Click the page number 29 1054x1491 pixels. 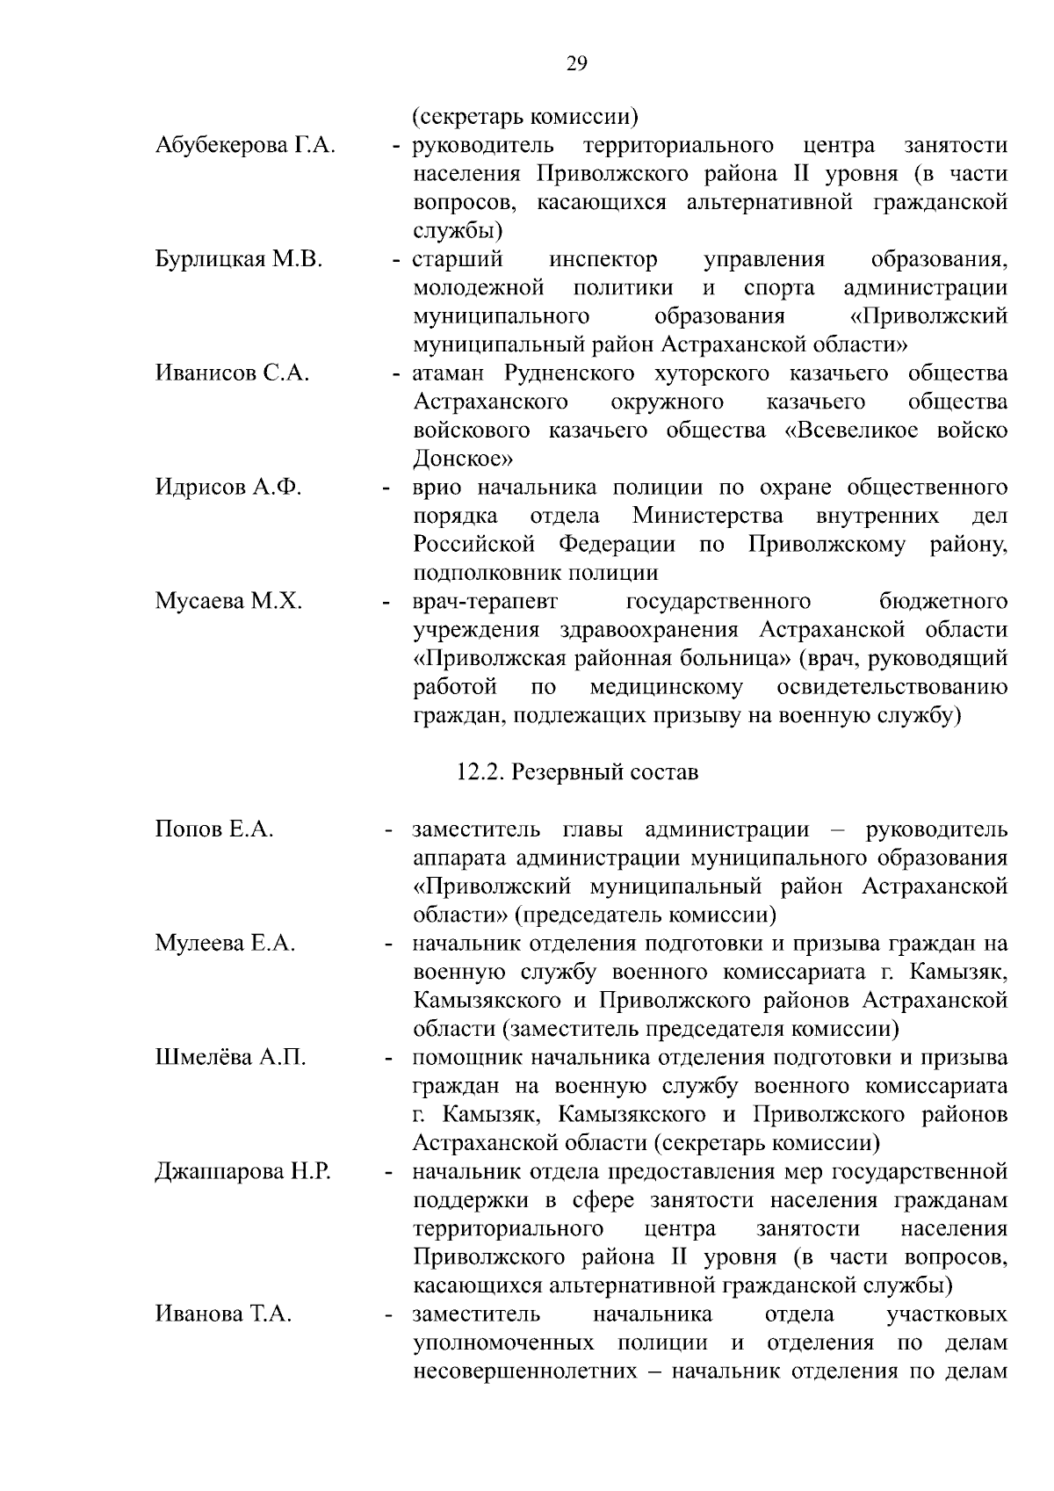tap(577, 63)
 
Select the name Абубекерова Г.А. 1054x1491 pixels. tap(245, 145)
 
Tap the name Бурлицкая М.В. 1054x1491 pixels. tap(239, 259)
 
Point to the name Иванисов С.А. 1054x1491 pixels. tap(232, 373)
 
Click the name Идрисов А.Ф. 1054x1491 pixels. tap(228, 488)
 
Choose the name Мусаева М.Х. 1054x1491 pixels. tap(228, 602)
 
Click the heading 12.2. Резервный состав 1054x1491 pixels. tap(577, 773)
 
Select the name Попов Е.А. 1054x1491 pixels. tap(214, 829)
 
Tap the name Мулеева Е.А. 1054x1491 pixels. tap(225, 944)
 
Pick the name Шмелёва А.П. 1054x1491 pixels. tap(230, 1058)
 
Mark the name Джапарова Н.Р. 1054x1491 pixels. tap(242, 1172)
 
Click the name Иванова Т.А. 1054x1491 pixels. tap(223, 1314)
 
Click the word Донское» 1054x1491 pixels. tap(464, 459)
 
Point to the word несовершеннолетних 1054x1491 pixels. tap(524, 1372)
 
